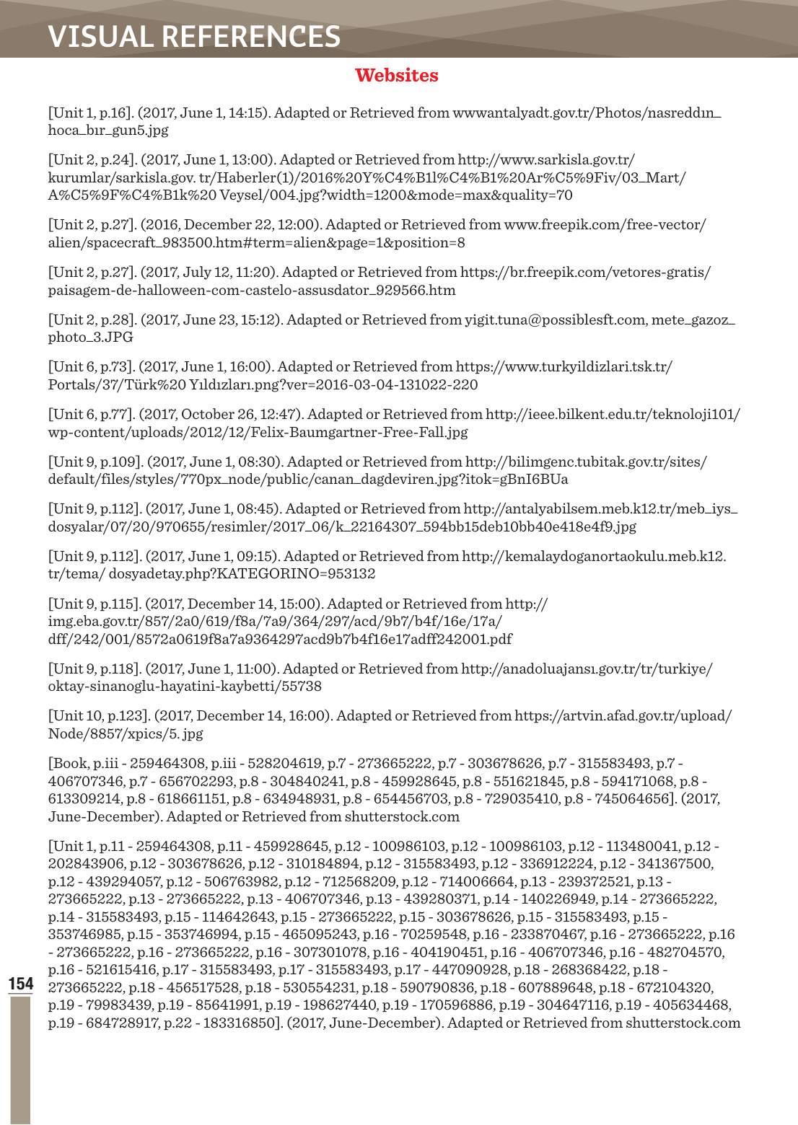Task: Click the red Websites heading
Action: point(396,76)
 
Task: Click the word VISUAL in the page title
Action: point(100,37)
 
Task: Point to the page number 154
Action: point(21,984)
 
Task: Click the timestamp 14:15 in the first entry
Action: point(249,113)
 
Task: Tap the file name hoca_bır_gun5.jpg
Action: point(108,131)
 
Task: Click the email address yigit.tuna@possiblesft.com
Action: point(556,319)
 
